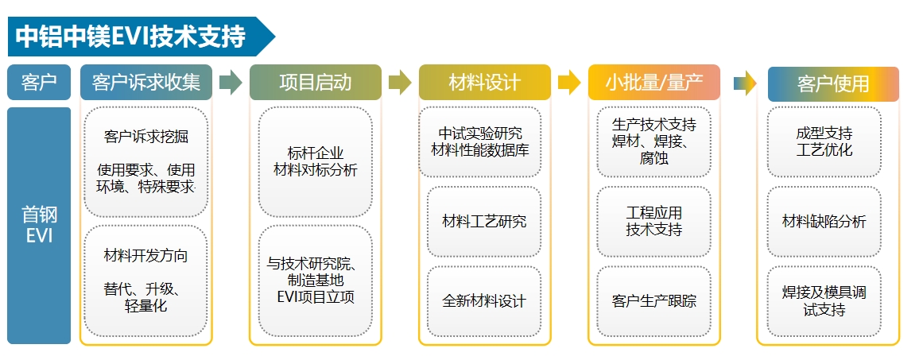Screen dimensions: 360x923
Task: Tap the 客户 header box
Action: tap(39, 83)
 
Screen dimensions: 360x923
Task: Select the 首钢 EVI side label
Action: tap(39, 225)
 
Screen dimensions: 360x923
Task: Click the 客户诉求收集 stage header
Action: tap(146, 83)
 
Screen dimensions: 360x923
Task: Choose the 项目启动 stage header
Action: tap(315, 83)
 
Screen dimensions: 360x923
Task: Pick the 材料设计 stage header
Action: tap(484, 83)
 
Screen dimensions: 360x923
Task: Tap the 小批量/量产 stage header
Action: tap(653, 83)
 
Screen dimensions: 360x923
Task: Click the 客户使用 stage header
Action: tap(832, 83)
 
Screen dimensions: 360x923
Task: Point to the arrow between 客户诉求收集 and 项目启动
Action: tap(231, 83)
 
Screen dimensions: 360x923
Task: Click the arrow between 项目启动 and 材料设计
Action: tap(400, 83)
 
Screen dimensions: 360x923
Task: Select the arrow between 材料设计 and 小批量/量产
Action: tap(569, 83)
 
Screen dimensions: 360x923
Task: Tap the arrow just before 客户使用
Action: tap(744, 83)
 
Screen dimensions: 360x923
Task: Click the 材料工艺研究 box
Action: tap(484, 222)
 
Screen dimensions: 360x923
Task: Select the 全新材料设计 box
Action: tap(484, 301)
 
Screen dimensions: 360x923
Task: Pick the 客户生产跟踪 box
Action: tap(653, 301)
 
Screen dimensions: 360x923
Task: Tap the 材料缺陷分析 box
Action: tap(824, 222)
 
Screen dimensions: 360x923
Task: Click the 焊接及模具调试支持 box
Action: tap(824, 301)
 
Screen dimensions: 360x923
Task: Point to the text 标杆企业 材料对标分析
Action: tap(315, 161)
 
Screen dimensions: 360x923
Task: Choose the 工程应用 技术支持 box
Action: tap(653, 222)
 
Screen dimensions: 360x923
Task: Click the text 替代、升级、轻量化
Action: tap(146, 296)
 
